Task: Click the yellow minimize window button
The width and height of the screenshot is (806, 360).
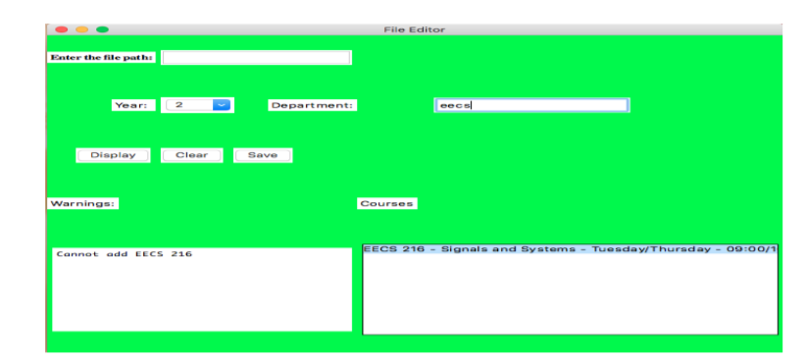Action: pyautogui.click(x=81, y=30)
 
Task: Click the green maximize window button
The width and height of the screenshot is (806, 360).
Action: pyautogui.click(x=102, y=30)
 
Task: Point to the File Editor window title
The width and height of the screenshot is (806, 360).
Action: pyautogui.click(x=414, y=30)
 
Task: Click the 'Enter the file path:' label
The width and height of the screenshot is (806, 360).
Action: pyautogui.click(x=102, y=58)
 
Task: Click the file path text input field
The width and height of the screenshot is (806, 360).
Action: pyautogui.click(x=256, y=58)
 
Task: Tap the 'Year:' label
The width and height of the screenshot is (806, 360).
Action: pyautogui.click(x=133, y=105)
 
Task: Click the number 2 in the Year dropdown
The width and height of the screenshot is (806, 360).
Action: pyautogui.click(x=180, y=105)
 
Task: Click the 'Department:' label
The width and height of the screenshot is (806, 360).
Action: pyautogui.click(x=313, y=105)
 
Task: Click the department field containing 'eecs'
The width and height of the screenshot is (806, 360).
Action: pyautogui.click(x=530, y=105)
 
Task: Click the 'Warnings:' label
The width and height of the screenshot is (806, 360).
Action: pyautogui.click(x=83, y=203)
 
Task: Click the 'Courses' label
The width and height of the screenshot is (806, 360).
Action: pyautogui.click(x=387, y=203)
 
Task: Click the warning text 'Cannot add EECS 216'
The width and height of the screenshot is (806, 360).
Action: pyautogui.click(x=125, y=254)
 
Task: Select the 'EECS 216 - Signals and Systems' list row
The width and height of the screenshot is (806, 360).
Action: pyautogui.click(x=569, y=249)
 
